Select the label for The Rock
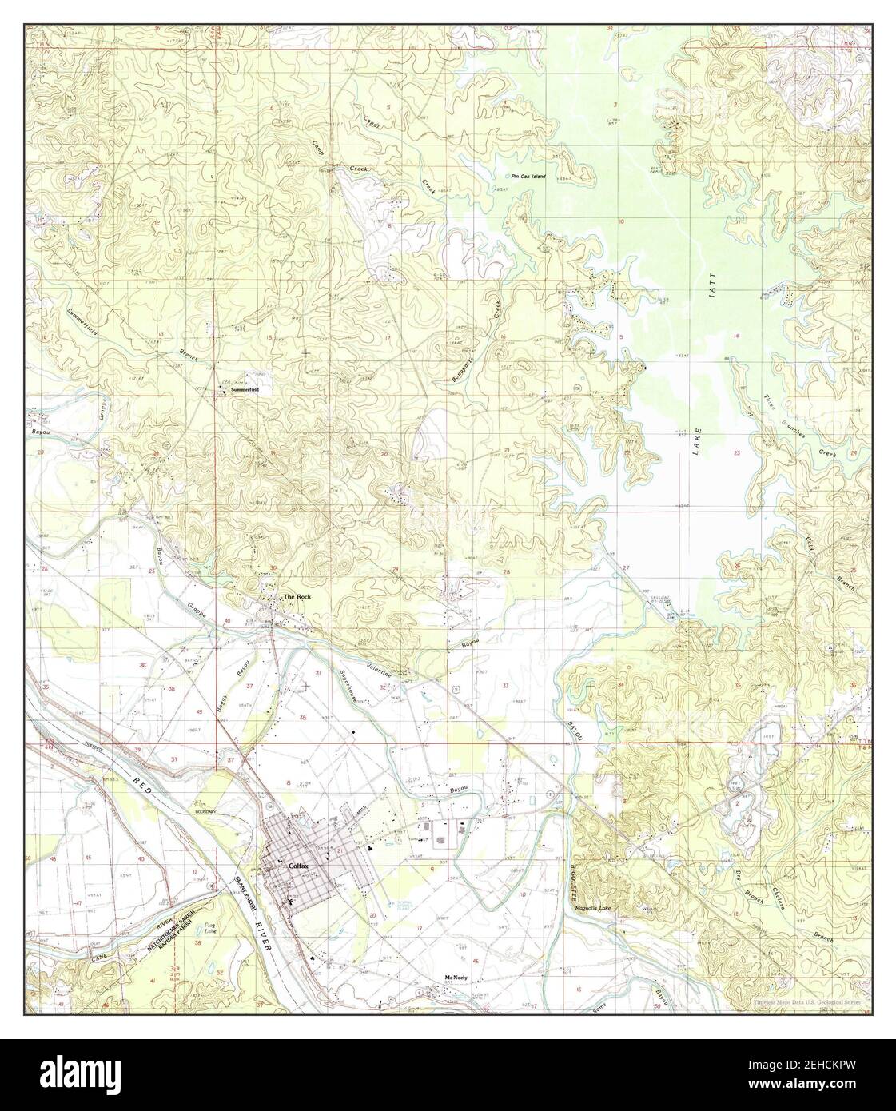point(297,597)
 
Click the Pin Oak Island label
point(528,176)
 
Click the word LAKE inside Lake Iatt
point(695,438)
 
